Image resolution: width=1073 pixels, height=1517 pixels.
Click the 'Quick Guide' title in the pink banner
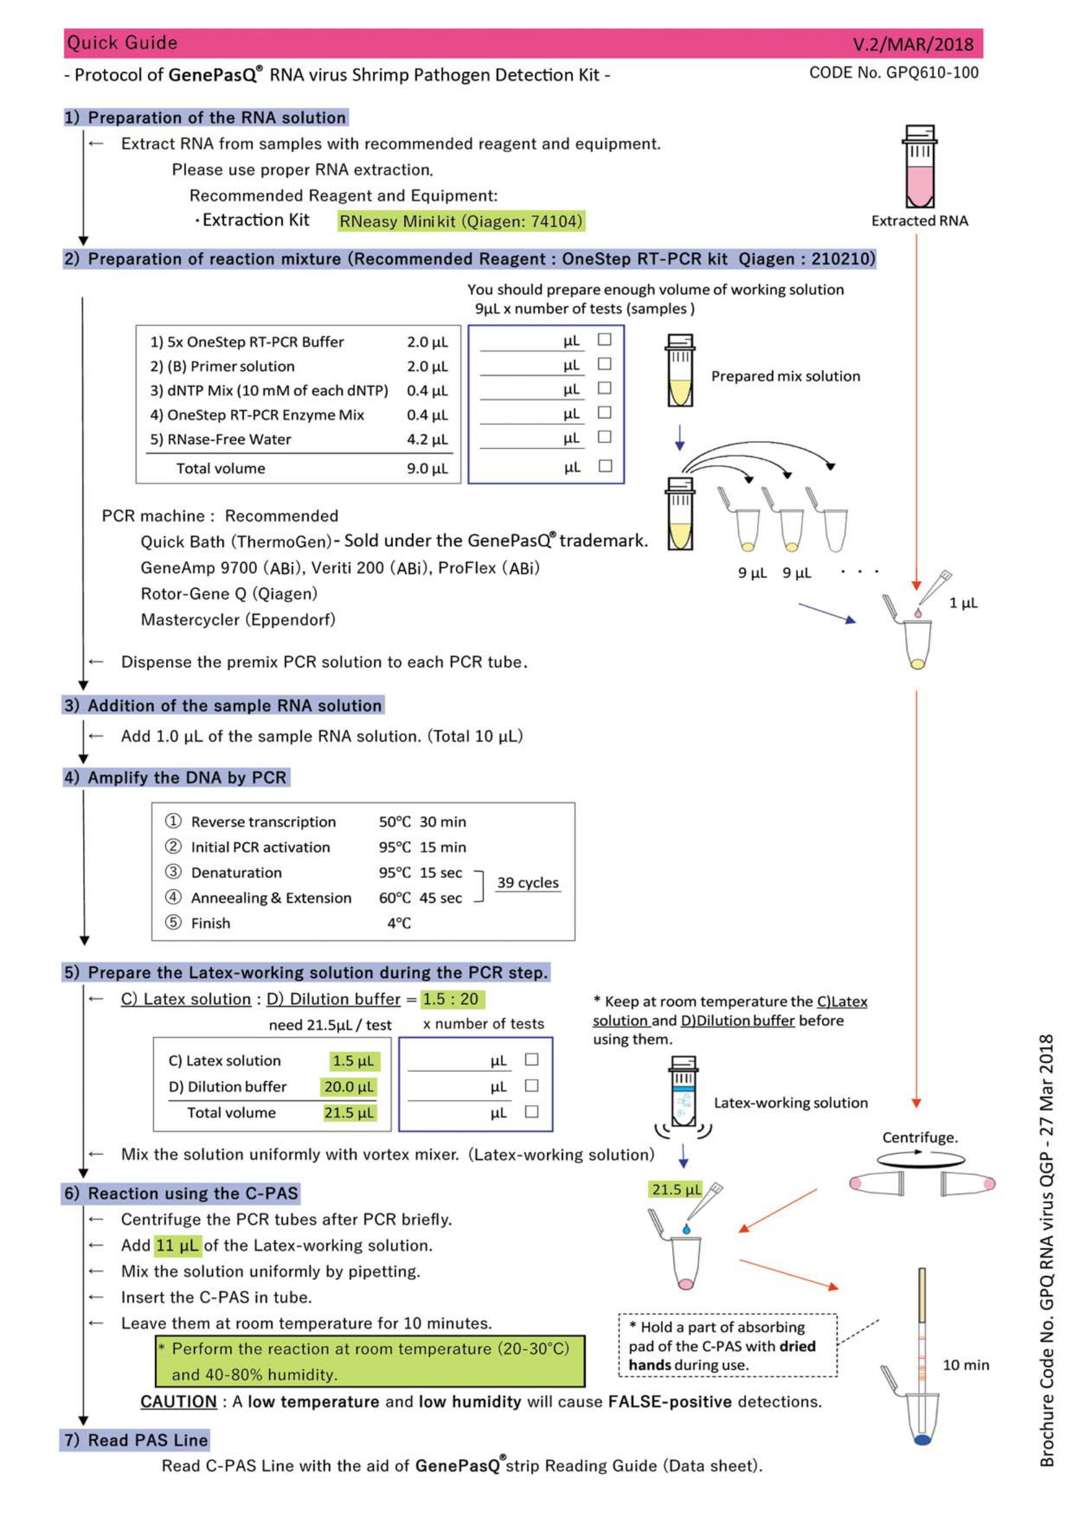(122, 43)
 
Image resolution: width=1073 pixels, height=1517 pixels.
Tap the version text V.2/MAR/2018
(913, 44)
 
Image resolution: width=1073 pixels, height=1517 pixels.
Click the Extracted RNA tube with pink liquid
(920, 167)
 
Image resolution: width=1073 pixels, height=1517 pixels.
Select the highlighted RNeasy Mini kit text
(461, 221)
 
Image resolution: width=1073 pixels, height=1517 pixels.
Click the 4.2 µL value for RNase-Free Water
(427, 439)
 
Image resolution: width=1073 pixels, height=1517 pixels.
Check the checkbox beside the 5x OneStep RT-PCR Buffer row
(605, 340)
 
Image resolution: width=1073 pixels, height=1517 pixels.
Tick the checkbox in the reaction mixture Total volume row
(605, 466)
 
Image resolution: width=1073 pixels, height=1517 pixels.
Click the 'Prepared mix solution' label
(786, 376)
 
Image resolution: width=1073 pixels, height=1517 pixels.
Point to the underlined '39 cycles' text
(528, 883)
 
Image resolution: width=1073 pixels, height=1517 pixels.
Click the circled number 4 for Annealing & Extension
(173, 897)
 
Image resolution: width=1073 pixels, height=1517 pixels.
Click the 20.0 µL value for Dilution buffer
(349, 1087)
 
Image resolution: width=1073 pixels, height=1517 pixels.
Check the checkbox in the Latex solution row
(532, 1060)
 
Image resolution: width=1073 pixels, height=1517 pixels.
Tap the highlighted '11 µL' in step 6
(178, 1245)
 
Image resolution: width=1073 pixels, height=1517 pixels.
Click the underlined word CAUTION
(178, 1402)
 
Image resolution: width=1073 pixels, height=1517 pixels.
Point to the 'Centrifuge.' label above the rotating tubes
(920, 1137)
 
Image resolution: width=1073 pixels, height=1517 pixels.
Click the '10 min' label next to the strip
(966, 1365)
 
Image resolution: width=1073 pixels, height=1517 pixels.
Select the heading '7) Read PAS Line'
(136, 1440)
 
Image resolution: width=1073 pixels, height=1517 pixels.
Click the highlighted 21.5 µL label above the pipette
(677, 1189)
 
